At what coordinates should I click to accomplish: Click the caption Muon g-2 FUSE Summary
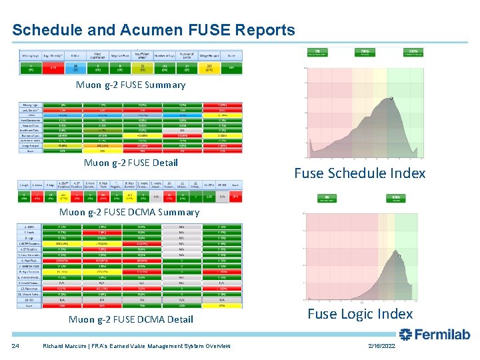(131, 85)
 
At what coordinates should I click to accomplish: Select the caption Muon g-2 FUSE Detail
(131, 163)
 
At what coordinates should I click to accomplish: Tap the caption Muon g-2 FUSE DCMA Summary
(129, 212)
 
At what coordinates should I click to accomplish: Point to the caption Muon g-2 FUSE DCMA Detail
(131, 319)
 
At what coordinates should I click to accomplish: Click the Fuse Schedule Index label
(359, 173)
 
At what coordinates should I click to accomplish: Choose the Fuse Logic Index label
(360, 314)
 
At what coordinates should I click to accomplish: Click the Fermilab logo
(435, 335)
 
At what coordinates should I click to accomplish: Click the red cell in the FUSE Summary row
(53, 67)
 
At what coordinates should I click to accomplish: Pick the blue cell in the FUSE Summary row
(76, 67)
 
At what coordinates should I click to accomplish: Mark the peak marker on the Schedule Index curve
(391, 99)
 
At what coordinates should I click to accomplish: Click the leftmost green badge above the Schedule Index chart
(318, 52)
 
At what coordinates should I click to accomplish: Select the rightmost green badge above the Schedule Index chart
(413, 52)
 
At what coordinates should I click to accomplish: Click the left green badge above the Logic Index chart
(327, 198)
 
